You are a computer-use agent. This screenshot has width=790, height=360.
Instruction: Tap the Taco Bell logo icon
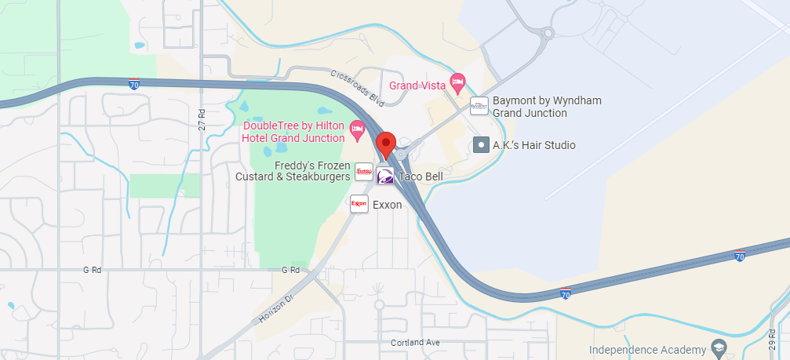[x=385, y=176]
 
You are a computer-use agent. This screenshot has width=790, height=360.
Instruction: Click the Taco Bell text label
[x=420, y=177]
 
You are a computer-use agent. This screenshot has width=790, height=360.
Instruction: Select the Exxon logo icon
[x=359, y=204]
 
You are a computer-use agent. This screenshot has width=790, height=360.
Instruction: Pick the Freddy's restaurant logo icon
[x=364, y=171]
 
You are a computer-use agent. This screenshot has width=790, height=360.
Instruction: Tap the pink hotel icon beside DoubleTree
[x=358, y=130]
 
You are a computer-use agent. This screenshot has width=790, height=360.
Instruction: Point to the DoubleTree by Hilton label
[x=294, y=132]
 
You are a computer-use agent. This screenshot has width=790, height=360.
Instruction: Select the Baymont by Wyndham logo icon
[x=479, y=106]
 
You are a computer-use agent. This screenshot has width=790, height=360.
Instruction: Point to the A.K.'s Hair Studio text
[x=533, y=145]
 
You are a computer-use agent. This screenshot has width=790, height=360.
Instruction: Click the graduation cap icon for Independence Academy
[x=719, y=347]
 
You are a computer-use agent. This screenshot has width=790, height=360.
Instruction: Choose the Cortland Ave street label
[x=415, y=343]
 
